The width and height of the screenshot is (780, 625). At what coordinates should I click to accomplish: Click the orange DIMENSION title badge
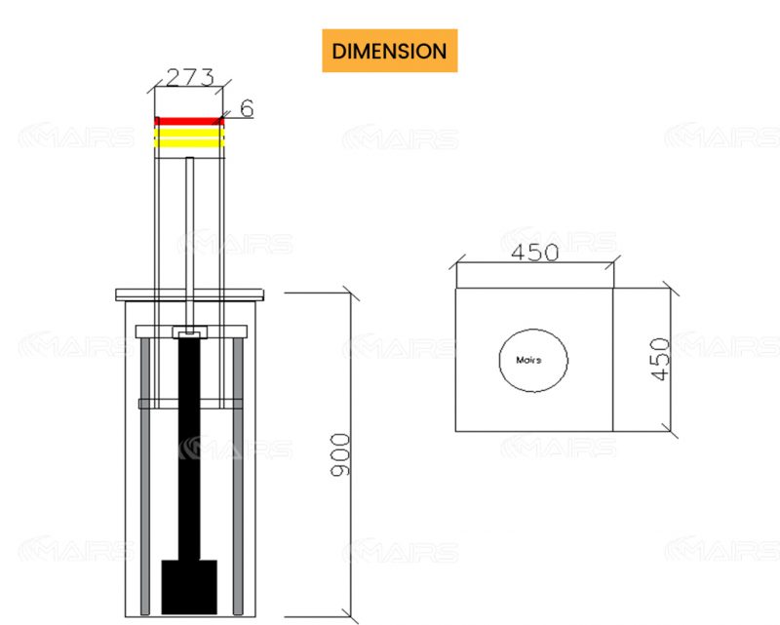pyautogui.click(x=389, y=51)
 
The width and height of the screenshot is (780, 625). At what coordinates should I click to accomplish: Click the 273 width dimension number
pyautogui.click(x=190, y=77)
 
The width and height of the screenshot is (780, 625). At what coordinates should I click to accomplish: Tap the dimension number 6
pyautogui.click(x=247, y=108)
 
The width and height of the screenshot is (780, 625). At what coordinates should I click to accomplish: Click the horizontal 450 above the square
pyautogui.click(x=534, y=253)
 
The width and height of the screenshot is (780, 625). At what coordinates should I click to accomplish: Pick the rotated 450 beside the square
pyautogui.click(x=660, y=359)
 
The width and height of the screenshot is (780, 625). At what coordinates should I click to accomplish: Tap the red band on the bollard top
pyautogui.click(x=189, y=122)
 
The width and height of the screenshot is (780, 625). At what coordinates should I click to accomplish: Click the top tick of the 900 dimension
pyautogui.click(x=351, y=292)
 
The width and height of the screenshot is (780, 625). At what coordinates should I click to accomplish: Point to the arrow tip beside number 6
pyautogui.click(x=223, y=119)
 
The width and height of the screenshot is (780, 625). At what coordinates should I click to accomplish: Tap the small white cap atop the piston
pyautogui.click(x=189, y=333)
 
